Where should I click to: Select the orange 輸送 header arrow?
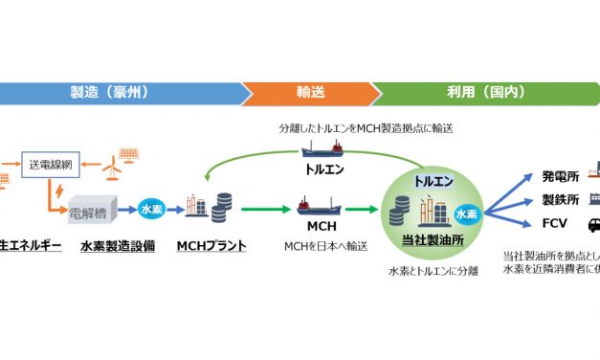pos(308,93)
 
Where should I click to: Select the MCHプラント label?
pos(211,247)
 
